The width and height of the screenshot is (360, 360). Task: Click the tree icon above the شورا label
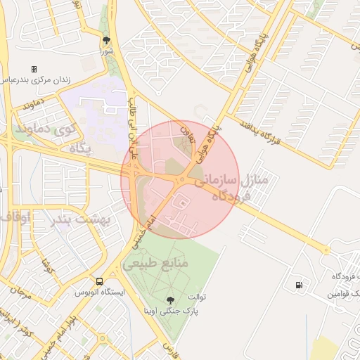click(x=106, y=40)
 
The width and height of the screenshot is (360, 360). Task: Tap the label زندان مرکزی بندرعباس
click(x=37, y=80)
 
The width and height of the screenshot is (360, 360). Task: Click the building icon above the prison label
click(x=33, y=69)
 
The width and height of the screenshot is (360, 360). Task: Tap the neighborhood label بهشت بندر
click(x=82, y=220)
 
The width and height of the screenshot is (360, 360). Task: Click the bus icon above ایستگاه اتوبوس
click(x=100, y=280)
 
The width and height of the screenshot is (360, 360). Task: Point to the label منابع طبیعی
click(x=156, y=264)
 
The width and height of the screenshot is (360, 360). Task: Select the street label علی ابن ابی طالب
click(x=133, y=131)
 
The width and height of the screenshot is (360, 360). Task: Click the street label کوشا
click(x=48, y=267)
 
